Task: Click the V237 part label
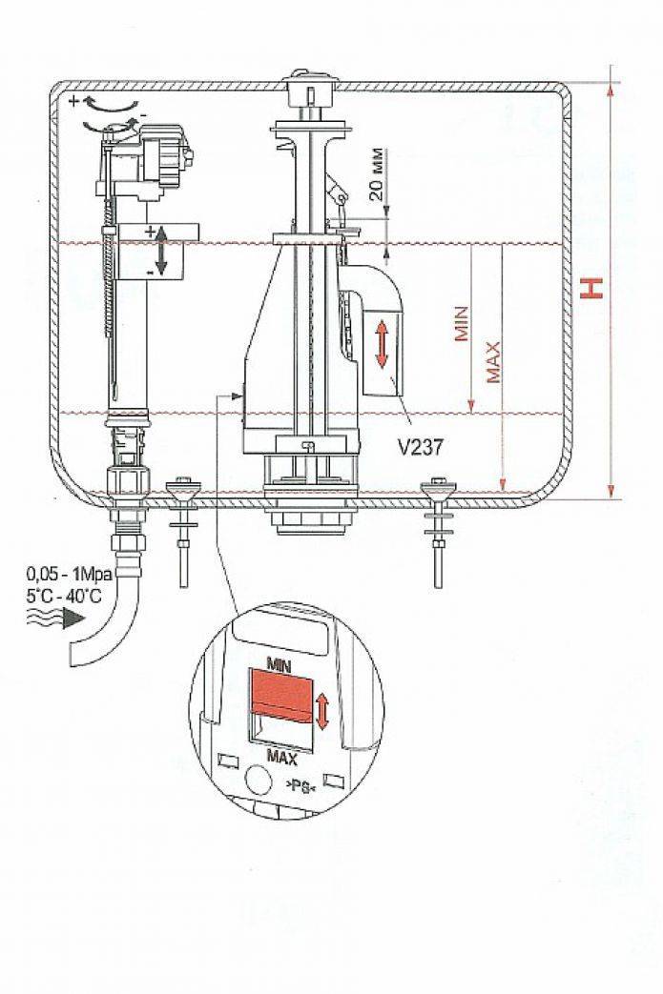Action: pos(421,448)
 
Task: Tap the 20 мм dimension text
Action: pos(377,174)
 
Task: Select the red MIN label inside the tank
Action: pos(462,324)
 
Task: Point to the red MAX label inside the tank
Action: pos(493,362)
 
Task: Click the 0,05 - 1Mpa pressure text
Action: pos(69,575)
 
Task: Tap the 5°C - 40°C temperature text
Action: pos(64,596)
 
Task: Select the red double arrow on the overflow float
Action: pos(382,344)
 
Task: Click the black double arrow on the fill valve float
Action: pos(161,250)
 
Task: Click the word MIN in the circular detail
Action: pos(280,665)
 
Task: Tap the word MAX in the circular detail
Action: pos(281,757)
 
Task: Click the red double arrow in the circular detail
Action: pos(322,711)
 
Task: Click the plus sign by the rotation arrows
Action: pos(74,100)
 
